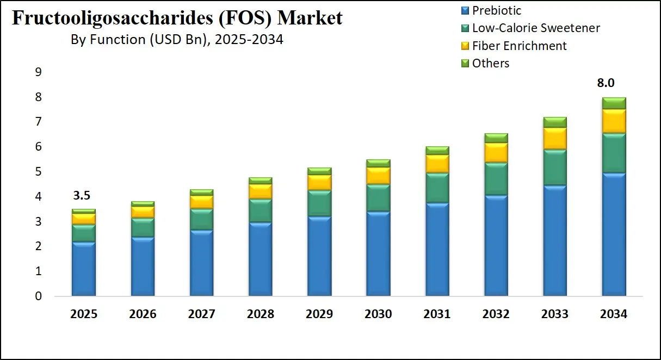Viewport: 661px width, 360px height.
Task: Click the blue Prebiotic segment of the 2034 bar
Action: [x=614, y=234]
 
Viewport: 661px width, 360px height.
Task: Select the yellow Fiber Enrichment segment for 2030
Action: [x=378, y=176]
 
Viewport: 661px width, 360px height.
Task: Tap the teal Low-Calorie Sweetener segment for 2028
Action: [x=261, y=210]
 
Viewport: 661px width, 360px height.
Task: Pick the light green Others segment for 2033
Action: [x=555, y=122]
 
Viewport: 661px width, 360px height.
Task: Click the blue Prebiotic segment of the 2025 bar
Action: [x=84, y=269]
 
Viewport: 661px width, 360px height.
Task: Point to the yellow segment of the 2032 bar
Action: [x=496, y=152]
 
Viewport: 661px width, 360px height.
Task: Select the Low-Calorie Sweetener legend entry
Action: [x=530, y=28]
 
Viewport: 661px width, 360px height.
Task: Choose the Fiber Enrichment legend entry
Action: [x=514, y=46]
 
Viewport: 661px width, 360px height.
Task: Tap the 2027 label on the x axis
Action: [x=201, y=314]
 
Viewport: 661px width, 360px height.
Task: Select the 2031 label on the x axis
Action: [x=437, y=314]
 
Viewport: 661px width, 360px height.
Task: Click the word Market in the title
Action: [x=310, y=18]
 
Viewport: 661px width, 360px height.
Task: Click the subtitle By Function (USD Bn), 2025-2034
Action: [x=177, y=40]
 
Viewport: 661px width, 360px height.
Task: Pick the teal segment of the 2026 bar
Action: [x=143, y=227]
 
